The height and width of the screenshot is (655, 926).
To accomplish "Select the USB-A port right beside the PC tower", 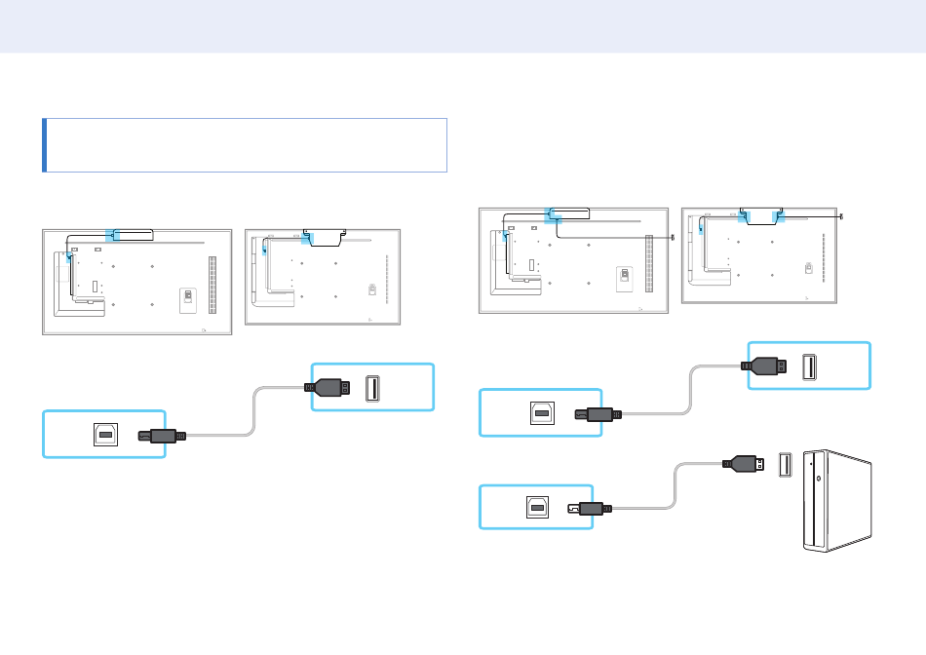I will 785,465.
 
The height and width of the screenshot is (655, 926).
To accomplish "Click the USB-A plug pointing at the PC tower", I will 745,464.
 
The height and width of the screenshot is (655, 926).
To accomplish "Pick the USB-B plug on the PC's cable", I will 592,508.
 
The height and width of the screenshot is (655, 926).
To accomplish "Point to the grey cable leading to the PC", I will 674,492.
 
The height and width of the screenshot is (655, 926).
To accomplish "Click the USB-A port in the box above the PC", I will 808,366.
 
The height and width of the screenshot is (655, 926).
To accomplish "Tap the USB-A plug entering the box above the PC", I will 765,366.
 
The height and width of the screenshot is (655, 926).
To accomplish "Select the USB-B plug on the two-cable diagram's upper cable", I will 597,413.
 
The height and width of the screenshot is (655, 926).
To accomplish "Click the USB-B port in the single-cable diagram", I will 106,435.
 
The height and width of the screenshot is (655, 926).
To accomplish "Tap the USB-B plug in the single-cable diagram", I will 162,435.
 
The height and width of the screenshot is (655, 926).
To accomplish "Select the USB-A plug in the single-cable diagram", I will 329,388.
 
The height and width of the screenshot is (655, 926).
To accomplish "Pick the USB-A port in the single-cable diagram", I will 372,388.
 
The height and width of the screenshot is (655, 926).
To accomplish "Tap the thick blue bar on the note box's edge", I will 44,145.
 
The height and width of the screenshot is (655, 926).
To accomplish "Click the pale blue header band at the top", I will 463,26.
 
